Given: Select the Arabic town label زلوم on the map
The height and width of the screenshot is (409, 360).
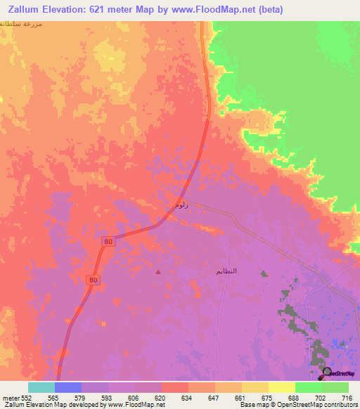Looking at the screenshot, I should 181,205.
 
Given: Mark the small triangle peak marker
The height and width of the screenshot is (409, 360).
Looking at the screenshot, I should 158,272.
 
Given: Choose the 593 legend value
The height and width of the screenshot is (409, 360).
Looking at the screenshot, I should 108,397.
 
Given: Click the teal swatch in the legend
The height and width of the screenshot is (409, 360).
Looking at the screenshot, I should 41,387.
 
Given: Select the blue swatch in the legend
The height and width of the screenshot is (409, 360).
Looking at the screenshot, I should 68,387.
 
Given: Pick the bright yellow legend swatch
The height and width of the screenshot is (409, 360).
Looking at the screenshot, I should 282,387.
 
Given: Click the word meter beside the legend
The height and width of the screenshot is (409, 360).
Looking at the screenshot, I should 11,397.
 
